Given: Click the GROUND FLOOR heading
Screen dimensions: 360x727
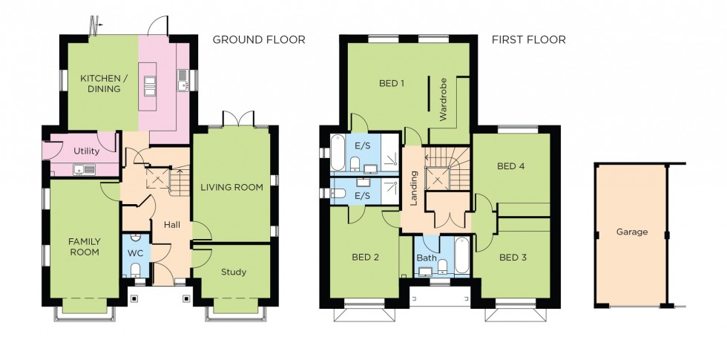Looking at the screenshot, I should [x=259, y=40].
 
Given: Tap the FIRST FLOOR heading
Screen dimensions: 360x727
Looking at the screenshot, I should [x=528, y=40].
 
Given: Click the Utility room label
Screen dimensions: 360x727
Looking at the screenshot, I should [x=86, y=151].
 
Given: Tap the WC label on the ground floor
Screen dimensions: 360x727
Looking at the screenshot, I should [x=135, y=253].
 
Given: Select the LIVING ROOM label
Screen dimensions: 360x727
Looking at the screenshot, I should [x=231, y=188].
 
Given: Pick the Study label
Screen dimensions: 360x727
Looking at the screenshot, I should [x=233, y=272].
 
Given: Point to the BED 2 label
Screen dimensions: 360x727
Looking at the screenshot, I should [x=365, y=258].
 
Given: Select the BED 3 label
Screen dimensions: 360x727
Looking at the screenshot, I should [x=513, y=258].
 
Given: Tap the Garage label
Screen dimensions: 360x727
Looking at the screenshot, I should [x=631, y=232].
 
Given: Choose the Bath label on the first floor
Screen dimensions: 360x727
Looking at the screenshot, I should [x=426, y=258].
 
